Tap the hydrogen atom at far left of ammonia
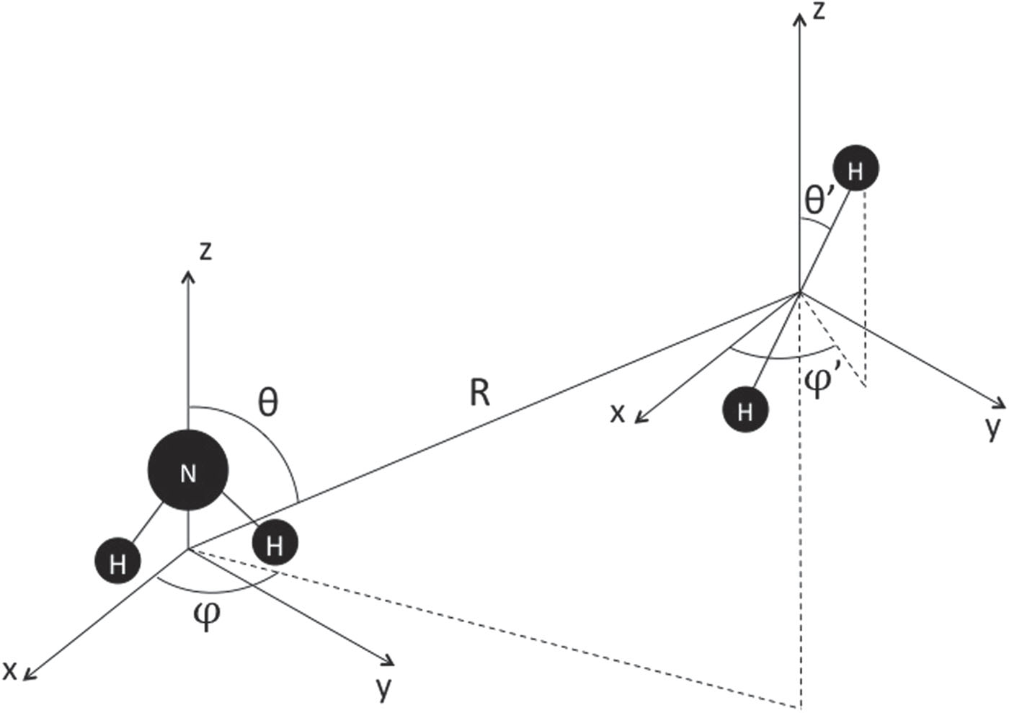pos(117,562)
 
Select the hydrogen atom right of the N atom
pos(274,544)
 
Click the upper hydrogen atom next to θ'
pos(855,170)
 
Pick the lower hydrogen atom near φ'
pos(745,410)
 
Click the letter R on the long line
pos(480,394)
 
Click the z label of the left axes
pos(206,251)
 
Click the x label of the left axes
pos(9,670)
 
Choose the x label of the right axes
pos(617,413)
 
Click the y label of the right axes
pos(994,427)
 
